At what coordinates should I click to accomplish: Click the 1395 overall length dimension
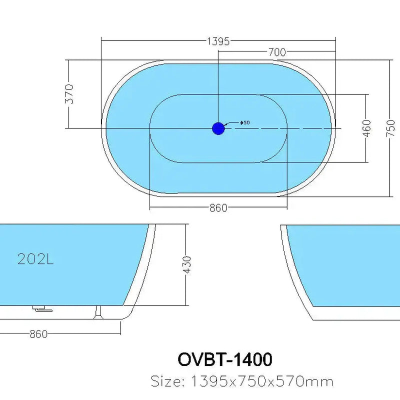coord(218,41)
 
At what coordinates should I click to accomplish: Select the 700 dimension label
coord(276,52)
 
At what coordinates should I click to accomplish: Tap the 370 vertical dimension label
coord(70,93)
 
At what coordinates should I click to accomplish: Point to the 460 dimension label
coord(366,128)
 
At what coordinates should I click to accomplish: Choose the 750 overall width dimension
coord(391,128)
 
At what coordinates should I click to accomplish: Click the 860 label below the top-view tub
coord(218,207)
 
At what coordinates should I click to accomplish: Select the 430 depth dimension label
coord(187,265)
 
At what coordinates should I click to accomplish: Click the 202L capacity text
coord(35,259)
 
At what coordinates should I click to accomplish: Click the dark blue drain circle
coord(218,128)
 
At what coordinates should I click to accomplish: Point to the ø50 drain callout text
coord(245,122)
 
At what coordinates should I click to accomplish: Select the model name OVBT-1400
coord(225,359)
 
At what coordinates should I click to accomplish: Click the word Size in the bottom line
coord(167,382)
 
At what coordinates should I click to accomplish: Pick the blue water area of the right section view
coord(350,265)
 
